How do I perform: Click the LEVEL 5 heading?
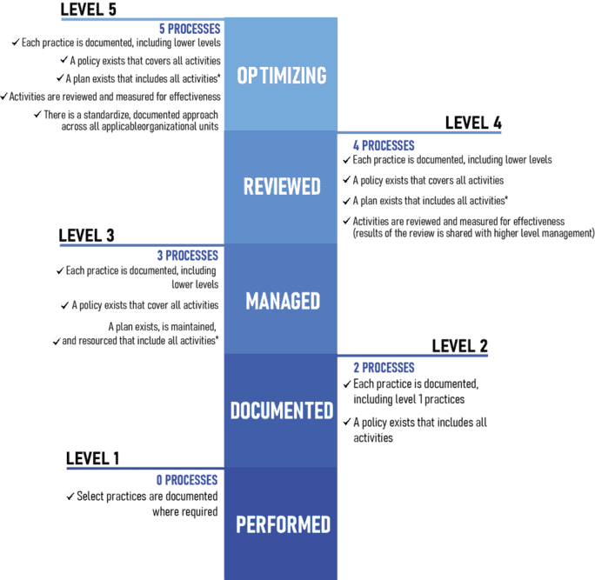89,10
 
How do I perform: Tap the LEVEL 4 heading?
473,123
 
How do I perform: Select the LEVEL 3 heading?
86,236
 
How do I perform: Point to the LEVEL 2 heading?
460,346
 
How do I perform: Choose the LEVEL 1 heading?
92,458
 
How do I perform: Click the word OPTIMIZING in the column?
282,76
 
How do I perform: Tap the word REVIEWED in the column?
282,186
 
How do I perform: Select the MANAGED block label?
283,301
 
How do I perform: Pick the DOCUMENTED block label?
282,410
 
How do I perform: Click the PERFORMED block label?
283,524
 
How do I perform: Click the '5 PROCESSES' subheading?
190,29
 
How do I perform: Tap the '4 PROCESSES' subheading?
384,146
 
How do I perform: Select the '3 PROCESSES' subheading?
188,256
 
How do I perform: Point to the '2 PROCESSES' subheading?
384,368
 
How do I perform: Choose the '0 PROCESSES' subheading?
187,480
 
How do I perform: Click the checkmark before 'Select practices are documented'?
70,497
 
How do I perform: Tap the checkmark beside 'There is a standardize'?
37,114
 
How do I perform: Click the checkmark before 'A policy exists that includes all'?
347,422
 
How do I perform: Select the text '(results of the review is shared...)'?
473,233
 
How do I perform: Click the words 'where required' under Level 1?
185,511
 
